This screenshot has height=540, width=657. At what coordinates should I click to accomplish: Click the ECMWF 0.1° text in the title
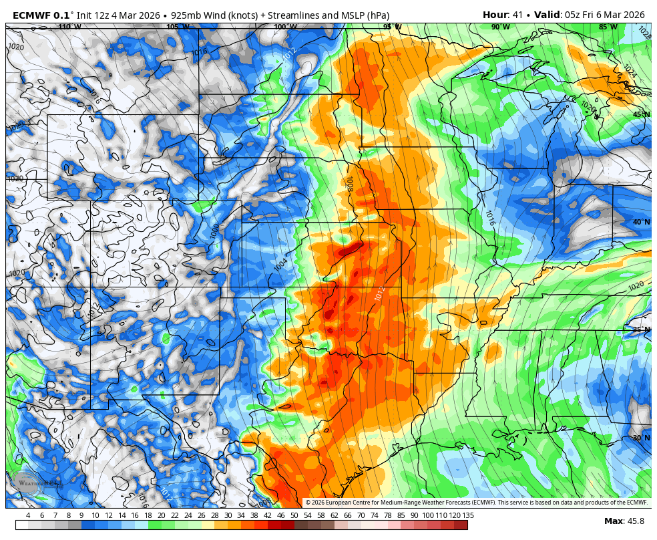tap(43, 15)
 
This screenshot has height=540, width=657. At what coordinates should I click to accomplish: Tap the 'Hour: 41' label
tap(504, 15)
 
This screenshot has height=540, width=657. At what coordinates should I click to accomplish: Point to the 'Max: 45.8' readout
tap(624, 521)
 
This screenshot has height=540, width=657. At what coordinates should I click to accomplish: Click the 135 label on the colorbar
tap(468, 515)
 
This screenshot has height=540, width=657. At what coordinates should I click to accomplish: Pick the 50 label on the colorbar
tap(294, 515)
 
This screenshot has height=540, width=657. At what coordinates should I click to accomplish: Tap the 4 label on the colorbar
tap(27, 515)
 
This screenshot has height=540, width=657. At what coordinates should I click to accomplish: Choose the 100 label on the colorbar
tap(427, 515)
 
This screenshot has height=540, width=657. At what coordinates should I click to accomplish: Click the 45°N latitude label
tap(641, 114)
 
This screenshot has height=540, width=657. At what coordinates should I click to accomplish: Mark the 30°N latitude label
tap(641, 438)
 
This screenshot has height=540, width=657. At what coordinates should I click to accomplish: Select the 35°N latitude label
tap(641, 330)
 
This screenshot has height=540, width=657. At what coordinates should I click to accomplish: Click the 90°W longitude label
tap(500, 27)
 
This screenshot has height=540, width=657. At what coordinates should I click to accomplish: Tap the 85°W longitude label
tap(608, 27)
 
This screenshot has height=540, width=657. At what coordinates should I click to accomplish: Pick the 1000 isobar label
tap(214, 231)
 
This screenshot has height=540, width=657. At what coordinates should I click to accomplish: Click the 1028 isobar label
tap(644, 31)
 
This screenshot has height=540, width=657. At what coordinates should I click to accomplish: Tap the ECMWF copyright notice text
tap(476, 503)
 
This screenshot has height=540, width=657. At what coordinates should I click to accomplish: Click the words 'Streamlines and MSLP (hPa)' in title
tap(328, 15)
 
